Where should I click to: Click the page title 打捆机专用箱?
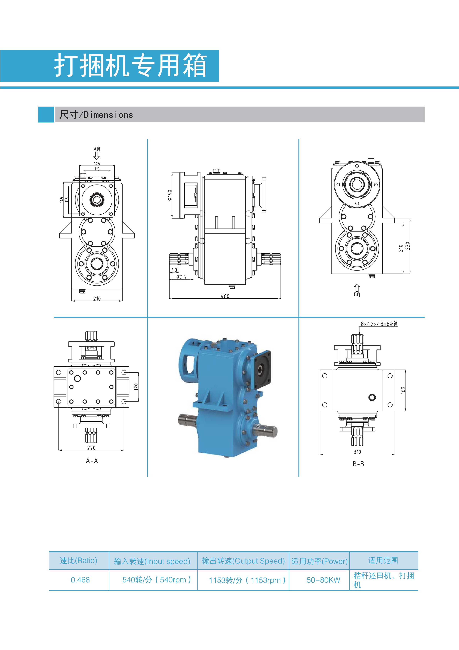[130, 65]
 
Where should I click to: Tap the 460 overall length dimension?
[225, 296]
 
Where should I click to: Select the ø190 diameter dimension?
[169, 195]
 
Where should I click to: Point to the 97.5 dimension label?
[181, 277]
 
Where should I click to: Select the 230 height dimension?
[407, 246]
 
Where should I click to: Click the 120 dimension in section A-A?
[136, 387]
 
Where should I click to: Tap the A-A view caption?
[92, 461]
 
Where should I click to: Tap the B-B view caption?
[358, 464]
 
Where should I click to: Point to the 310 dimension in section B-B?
[357, 452]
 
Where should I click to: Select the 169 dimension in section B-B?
[403, 390]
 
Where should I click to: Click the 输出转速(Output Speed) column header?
[243, 561]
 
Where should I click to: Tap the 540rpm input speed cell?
[156, 580]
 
